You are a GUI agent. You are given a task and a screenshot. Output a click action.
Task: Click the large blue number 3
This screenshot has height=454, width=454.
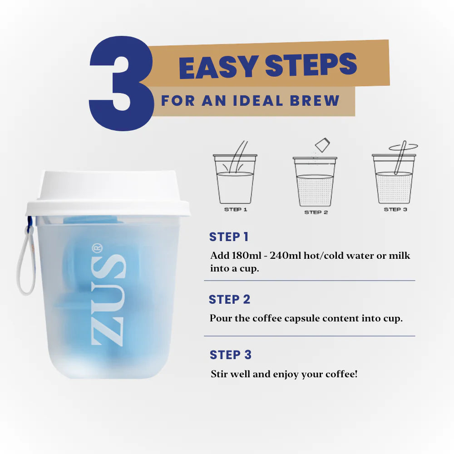[122, 84]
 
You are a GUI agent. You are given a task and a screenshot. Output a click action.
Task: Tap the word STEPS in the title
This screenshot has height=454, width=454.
[311, 65]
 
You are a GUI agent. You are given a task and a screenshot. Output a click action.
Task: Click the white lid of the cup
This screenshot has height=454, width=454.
[108, 193]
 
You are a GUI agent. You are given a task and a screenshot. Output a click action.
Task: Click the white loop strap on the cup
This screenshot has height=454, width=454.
[26, 261]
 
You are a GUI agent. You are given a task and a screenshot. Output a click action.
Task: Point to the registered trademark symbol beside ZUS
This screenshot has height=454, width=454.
[97, 248]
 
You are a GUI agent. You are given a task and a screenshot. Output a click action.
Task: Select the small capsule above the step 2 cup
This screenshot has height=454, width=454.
[322, 145]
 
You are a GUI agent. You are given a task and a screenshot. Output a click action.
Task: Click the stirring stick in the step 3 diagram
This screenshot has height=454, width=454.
[400, 158]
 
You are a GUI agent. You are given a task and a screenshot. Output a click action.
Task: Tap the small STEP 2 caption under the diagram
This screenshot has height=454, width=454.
[316, 212]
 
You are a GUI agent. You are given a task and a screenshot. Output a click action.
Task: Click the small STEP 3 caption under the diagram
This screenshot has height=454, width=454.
[395, 209]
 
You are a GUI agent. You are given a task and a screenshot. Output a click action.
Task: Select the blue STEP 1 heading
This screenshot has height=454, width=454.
[229, 237]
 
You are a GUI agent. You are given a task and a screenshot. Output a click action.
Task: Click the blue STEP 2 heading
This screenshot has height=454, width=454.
[229, 299]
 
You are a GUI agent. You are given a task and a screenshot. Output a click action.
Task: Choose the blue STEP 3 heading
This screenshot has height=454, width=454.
[231, 355]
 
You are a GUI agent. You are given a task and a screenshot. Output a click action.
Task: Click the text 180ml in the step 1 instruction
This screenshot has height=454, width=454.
[246, 255]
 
